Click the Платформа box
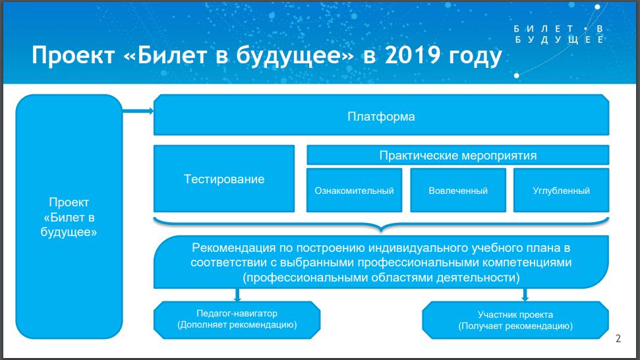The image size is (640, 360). click(x=381, y=116)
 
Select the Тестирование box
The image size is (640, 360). click(x=224, y=179)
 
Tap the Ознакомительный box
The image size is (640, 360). click(x=354, y=191)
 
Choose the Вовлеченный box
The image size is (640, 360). click(x=458, y=191)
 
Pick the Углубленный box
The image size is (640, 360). click(x=561, y=191)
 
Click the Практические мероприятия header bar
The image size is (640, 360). click(x=457, y=156)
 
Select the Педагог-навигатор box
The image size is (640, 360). click(x=237, y=319)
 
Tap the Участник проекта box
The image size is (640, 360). click(x=515, y=320)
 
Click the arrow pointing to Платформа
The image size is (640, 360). click(x=138, y=112)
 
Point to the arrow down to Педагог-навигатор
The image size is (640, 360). click(x=237, y=295)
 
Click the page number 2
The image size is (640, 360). click(x=618, y=340)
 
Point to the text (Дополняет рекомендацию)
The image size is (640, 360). click(x=237, y=325)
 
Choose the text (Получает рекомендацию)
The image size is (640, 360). click(x=515, y=326)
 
